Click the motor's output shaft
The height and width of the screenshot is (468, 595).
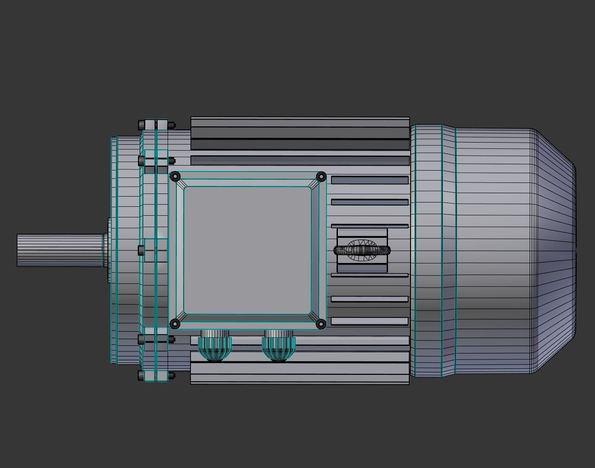tap(59, 250)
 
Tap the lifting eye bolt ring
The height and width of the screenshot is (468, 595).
tap(362, 250)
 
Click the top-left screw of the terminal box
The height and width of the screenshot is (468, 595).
tap(175, 176)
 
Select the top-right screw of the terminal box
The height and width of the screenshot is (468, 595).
tap(321, 176)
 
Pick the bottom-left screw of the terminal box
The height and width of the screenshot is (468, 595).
tap(175, 324)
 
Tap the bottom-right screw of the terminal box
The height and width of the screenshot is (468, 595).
tap(321, 324)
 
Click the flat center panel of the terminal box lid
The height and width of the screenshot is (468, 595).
tap(247, 250)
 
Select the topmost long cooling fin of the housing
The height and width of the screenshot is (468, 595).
tap(300, 123)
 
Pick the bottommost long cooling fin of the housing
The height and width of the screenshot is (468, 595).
tap(300, 379)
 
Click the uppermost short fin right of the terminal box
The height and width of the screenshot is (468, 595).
tap(369, 180)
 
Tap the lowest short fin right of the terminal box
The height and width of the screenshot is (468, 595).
tap(369, 321)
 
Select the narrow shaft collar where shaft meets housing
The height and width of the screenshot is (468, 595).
tap(105, 250)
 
